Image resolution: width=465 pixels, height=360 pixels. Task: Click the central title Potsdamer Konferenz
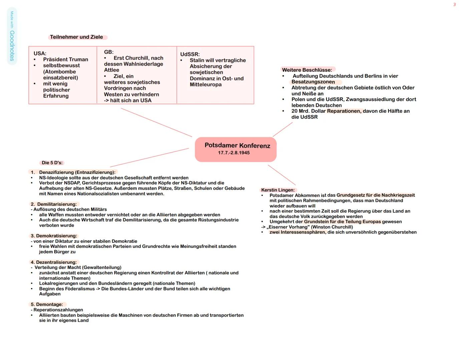click(x=237, y=146)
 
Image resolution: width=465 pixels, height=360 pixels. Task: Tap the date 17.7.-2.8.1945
click(x=234, y=153)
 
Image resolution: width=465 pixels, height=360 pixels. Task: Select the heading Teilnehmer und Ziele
click(x=76, y=37)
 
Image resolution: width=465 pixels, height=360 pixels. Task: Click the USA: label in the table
click(x=40, y=53)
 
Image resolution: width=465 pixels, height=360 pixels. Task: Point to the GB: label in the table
click(x=109, y=52)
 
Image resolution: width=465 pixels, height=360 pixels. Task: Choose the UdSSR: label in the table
click(x=190, y=54)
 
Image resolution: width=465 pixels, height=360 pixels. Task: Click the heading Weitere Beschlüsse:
click(x=307, y=70)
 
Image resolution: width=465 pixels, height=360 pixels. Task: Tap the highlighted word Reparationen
click(x=344, y=111)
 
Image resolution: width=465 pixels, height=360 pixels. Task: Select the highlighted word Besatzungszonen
click(x=313, y=82)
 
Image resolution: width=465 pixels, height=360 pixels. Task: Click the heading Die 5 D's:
click(x=52, y=163)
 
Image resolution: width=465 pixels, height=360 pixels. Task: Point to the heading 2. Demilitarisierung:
click(x=54, y=204)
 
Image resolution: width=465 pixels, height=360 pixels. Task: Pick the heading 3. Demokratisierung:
click(x=54, y=236)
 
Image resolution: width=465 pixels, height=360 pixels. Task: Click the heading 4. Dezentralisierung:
click(x=54, y=262)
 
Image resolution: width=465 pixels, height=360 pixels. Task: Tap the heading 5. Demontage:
click(x=47, y=304)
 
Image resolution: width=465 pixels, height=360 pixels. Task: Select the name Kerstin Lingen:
click(x=278, y=190)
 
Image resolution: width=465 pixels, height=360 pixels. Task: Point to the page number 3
click(x=454, y=5)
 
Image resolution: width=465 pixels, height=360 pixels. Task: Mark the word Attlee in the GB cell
click(x=111, y=70)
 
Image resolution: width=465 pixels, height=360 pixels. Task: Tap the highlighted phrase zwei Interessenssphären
click(x=298, y=232)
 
